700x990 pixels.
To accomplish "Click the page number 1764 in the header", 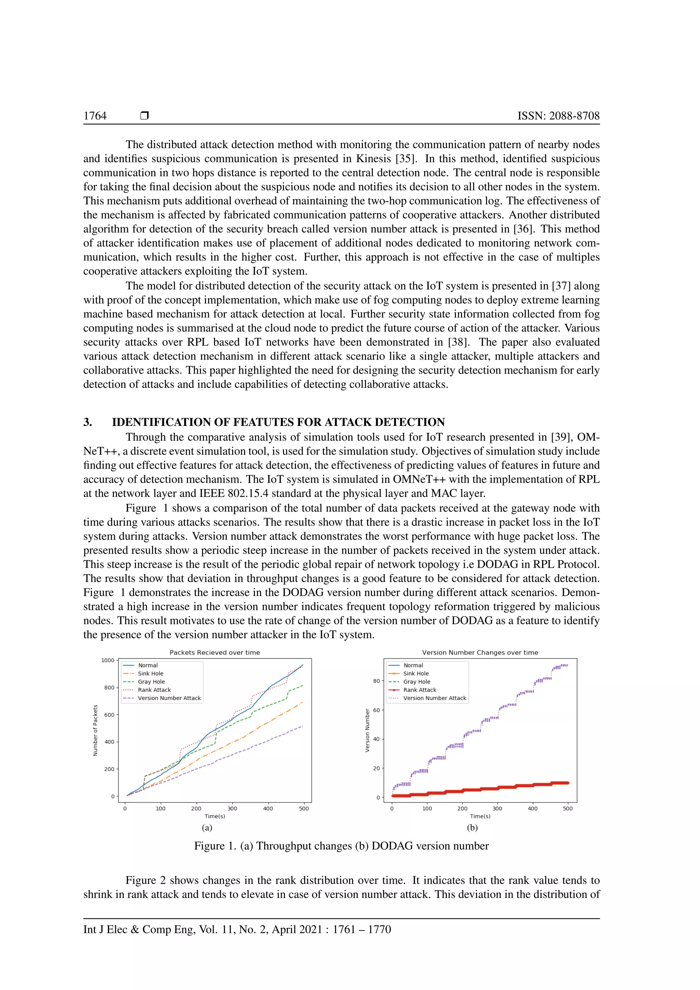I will click(95, 116).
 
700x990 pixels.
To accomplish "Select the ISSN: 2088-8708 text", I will click(558, 116).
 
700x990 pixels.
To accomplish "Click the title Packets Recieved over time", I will click(215, 652).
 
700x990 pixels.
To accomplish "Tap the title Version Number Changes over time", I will click(480, 652).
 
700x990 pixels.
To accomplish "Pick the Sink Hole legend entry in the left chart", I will click(150, 673).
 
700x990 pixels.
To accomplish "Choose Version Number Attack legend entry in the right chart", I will click(434, 698).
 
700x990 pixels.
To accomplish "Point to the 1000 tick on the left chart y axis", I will click(108, 660).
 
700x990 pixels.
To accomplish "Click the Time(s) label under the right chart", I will click(480, 816).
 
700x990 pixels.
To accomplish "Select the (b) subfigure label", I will click(472, 827).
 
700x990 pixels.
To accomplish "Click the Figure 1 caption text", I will click(341, 846).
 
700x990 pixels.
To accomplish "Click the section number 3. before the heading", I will click(87, 422).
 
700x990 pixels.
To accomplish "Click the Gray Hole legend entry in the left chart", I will click(151, 682).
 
